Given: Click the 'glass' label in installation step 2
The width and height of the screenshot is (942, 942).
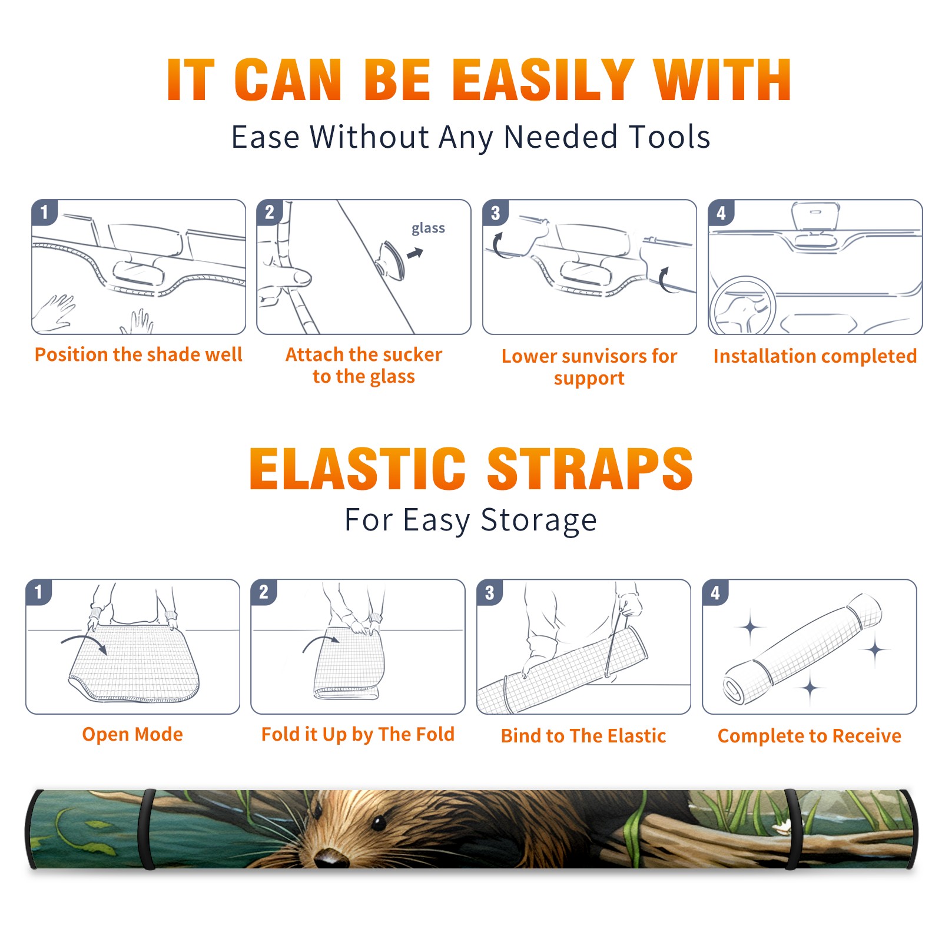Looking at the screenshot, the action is tap(428, 228).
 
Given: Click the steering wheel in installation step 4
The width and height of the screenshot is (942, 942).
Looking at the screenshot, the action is tap(742, 306).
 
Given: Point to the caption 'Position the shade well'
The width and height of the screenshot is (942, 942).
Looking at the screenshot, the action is tap(138, 354).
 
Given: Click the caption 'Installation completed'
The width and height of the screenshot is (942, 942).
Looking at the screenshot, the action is tap(815, 356).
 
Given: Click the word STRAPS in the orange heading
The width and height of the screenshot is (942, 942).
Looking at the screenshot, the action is tap(590, 469).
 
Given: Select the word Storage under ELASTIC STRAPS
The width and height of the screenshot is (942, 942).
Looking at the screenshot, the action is tap(539, 520).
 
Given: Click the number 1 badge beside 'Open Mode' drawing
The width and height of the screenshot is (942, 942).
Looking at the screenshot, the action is tap(39, 592).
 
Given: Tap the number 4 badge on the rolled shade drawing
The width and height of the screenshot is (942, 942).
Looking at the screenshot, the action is tap(715, 592).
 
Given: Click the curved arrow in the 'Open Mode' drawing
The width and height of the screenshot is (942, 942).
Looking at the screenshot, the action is tap(84, 642).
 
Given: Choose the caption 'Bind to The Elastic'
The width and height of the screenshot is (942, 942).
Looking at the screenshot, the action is tap(583, 736).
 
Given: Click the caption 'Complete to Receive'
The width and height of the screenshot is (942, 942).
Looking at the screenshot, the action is tap(810, 736).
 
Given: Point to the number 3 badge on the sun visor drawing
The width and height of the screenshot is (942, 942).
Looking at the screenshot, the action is tap(495, 213).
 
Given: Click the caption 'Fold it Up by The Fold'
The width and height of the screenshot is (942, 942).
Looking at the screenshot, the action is tap(358, 735).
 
